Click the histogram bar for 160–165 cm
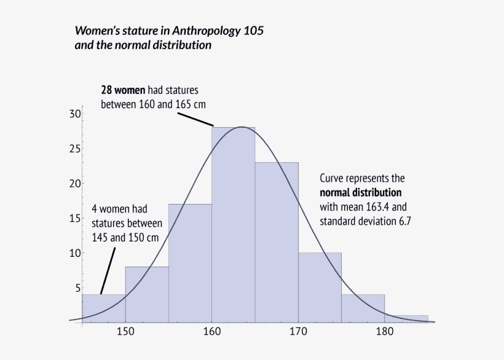[x=233, y=233]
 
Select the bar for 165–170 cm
[x=277, y=246]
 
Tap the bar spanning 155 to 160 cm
[x=190, y=264]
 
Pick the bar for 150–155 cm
[x=147, y=295]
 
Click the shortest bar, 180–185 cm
[x=406, y=319]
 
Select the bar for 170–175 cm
[x=320, y=289]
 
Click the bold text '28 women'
[x=123, y=90]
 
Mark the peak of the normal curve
[x=242, y=127]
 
